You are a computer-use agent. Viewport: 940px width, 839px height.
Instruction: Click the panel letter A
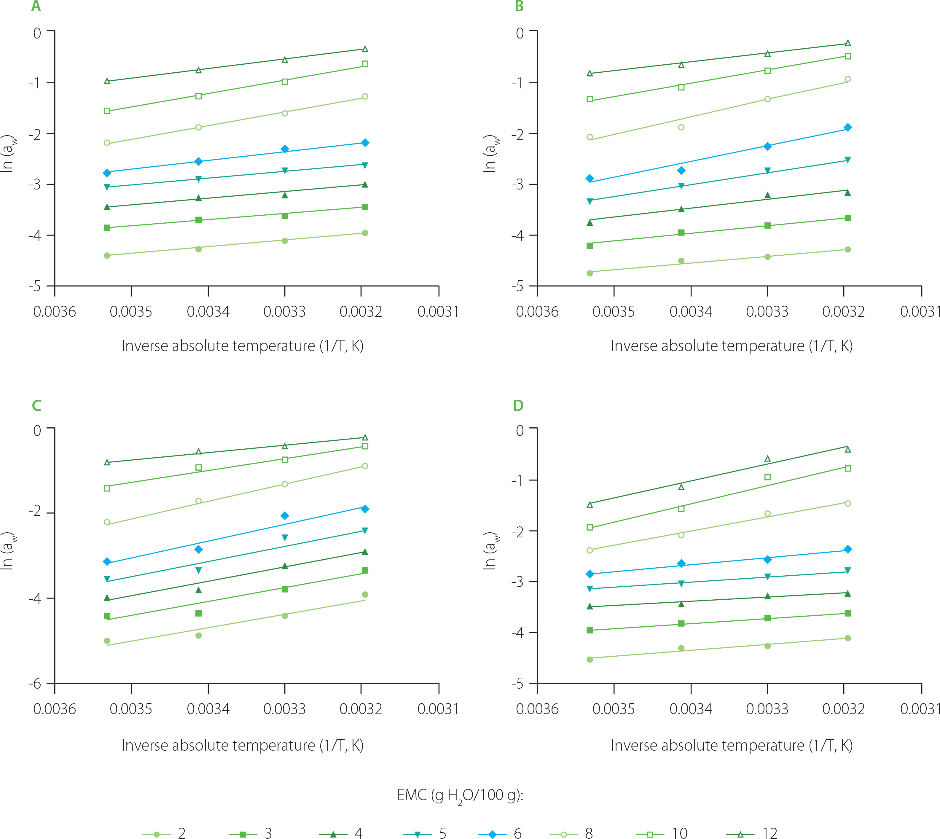click(x=36, y=7)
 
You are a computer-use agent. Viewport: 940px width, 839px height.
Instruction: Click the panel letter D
click(x=518, y=406)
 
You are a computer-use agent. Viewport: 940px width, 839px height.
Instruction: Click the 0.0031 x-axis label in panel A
click(x=438, y=312)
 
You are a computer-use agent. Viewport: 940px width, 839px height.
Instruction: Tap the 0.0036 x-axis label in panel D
click(x=537, y=709)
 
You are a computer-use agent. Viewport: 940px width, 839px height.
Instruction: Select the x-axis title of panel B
click(x=732, y=346)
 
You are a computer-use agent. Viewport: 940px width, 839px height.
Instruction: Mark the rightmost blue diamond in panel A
click(x=365, y=143)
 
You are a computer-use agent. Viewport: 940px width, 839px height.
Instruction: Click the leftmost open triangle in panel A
click(x=107, y=81)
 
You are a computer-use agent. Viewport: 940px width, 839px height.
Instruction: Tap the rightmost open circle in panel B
click(x=848, y=79)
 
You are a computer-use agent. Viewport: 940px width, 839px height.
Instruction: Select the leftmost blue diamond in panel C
click(x=107, y=561)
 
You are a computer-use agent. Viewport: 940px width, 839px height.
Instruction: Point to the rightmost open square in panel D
click(x=848, y=468)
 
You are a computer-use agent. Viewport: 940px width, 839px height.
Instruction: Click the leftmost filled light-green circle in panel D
click(x=590, y=660)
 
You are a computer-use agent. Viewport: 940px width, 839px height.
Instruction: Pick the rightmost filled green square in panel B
click(x=848, y=218)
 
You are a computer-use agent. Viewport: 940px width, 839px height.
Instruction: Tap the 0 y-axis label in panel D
click(x=520, y=431)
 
